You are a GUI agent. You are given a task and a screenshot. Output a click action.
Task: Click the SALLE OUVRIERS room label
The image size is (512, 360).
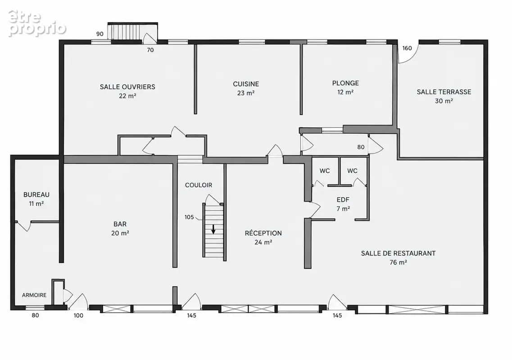(127, 87)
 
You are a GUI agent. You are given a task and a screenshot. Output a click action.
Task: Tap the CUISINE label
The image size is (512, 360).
(246, 84)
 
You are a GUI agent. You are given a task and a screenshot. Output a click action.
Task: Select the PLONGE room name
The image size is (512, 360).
(345, 83)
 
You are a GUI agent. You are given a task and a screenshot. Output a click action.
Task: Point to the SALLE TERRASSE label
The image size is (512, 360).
(444, 92)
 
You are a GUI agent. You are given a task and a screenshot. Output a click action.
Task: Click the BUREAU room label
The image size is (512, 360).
(36, 194)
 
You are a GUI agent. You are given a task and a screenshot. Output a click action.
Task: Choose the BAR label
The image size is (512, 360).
(120, 224)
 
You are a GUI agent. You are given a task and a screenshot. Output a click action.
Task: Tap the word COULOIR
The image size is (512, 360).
(199, 185)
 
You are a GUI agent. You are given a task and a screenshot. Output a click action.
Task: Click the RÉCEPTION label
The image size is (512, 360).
(263, 233)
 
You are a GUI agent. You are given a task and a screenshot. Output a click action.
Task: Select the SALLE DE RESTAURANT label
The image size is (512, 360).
(398, 253)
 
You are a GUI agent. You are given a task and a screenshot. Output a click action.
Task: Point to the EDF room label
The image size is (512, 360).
(343, 200)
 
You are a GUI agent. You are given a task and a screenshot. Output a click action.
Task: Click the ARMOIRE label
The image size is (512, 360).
(34, 295)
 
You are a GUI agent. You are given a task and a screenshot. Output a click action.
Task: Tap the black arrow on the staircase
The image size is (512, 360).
(213, 229)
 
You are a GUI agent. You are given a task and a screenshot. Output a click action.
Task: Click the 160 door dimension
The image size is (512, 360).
(407, 48)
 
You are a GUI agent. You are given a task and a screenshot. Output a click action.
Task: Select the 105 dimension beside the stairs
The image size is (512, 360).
(189, 217)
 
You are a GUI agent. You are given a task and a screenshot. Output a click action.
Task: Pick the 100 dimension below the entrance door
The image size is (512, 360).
(78, 315)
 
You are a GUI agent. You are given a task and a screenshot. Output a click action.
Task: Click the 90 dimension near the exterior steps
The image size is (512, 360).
(100, 34)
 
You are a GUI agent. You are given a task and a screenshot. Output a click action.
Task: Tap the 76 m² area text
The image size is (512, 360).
(398, 262)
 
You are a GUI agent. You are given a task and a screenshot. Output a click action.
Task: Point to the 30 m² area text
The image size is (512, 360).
(444, 101)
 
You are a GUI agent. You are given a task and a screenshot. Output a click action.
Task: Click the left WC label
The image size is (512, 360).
(325, 171)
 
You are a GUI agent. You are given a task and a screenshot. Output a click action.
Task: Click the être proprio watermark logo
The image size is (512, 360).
(37, 23)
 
